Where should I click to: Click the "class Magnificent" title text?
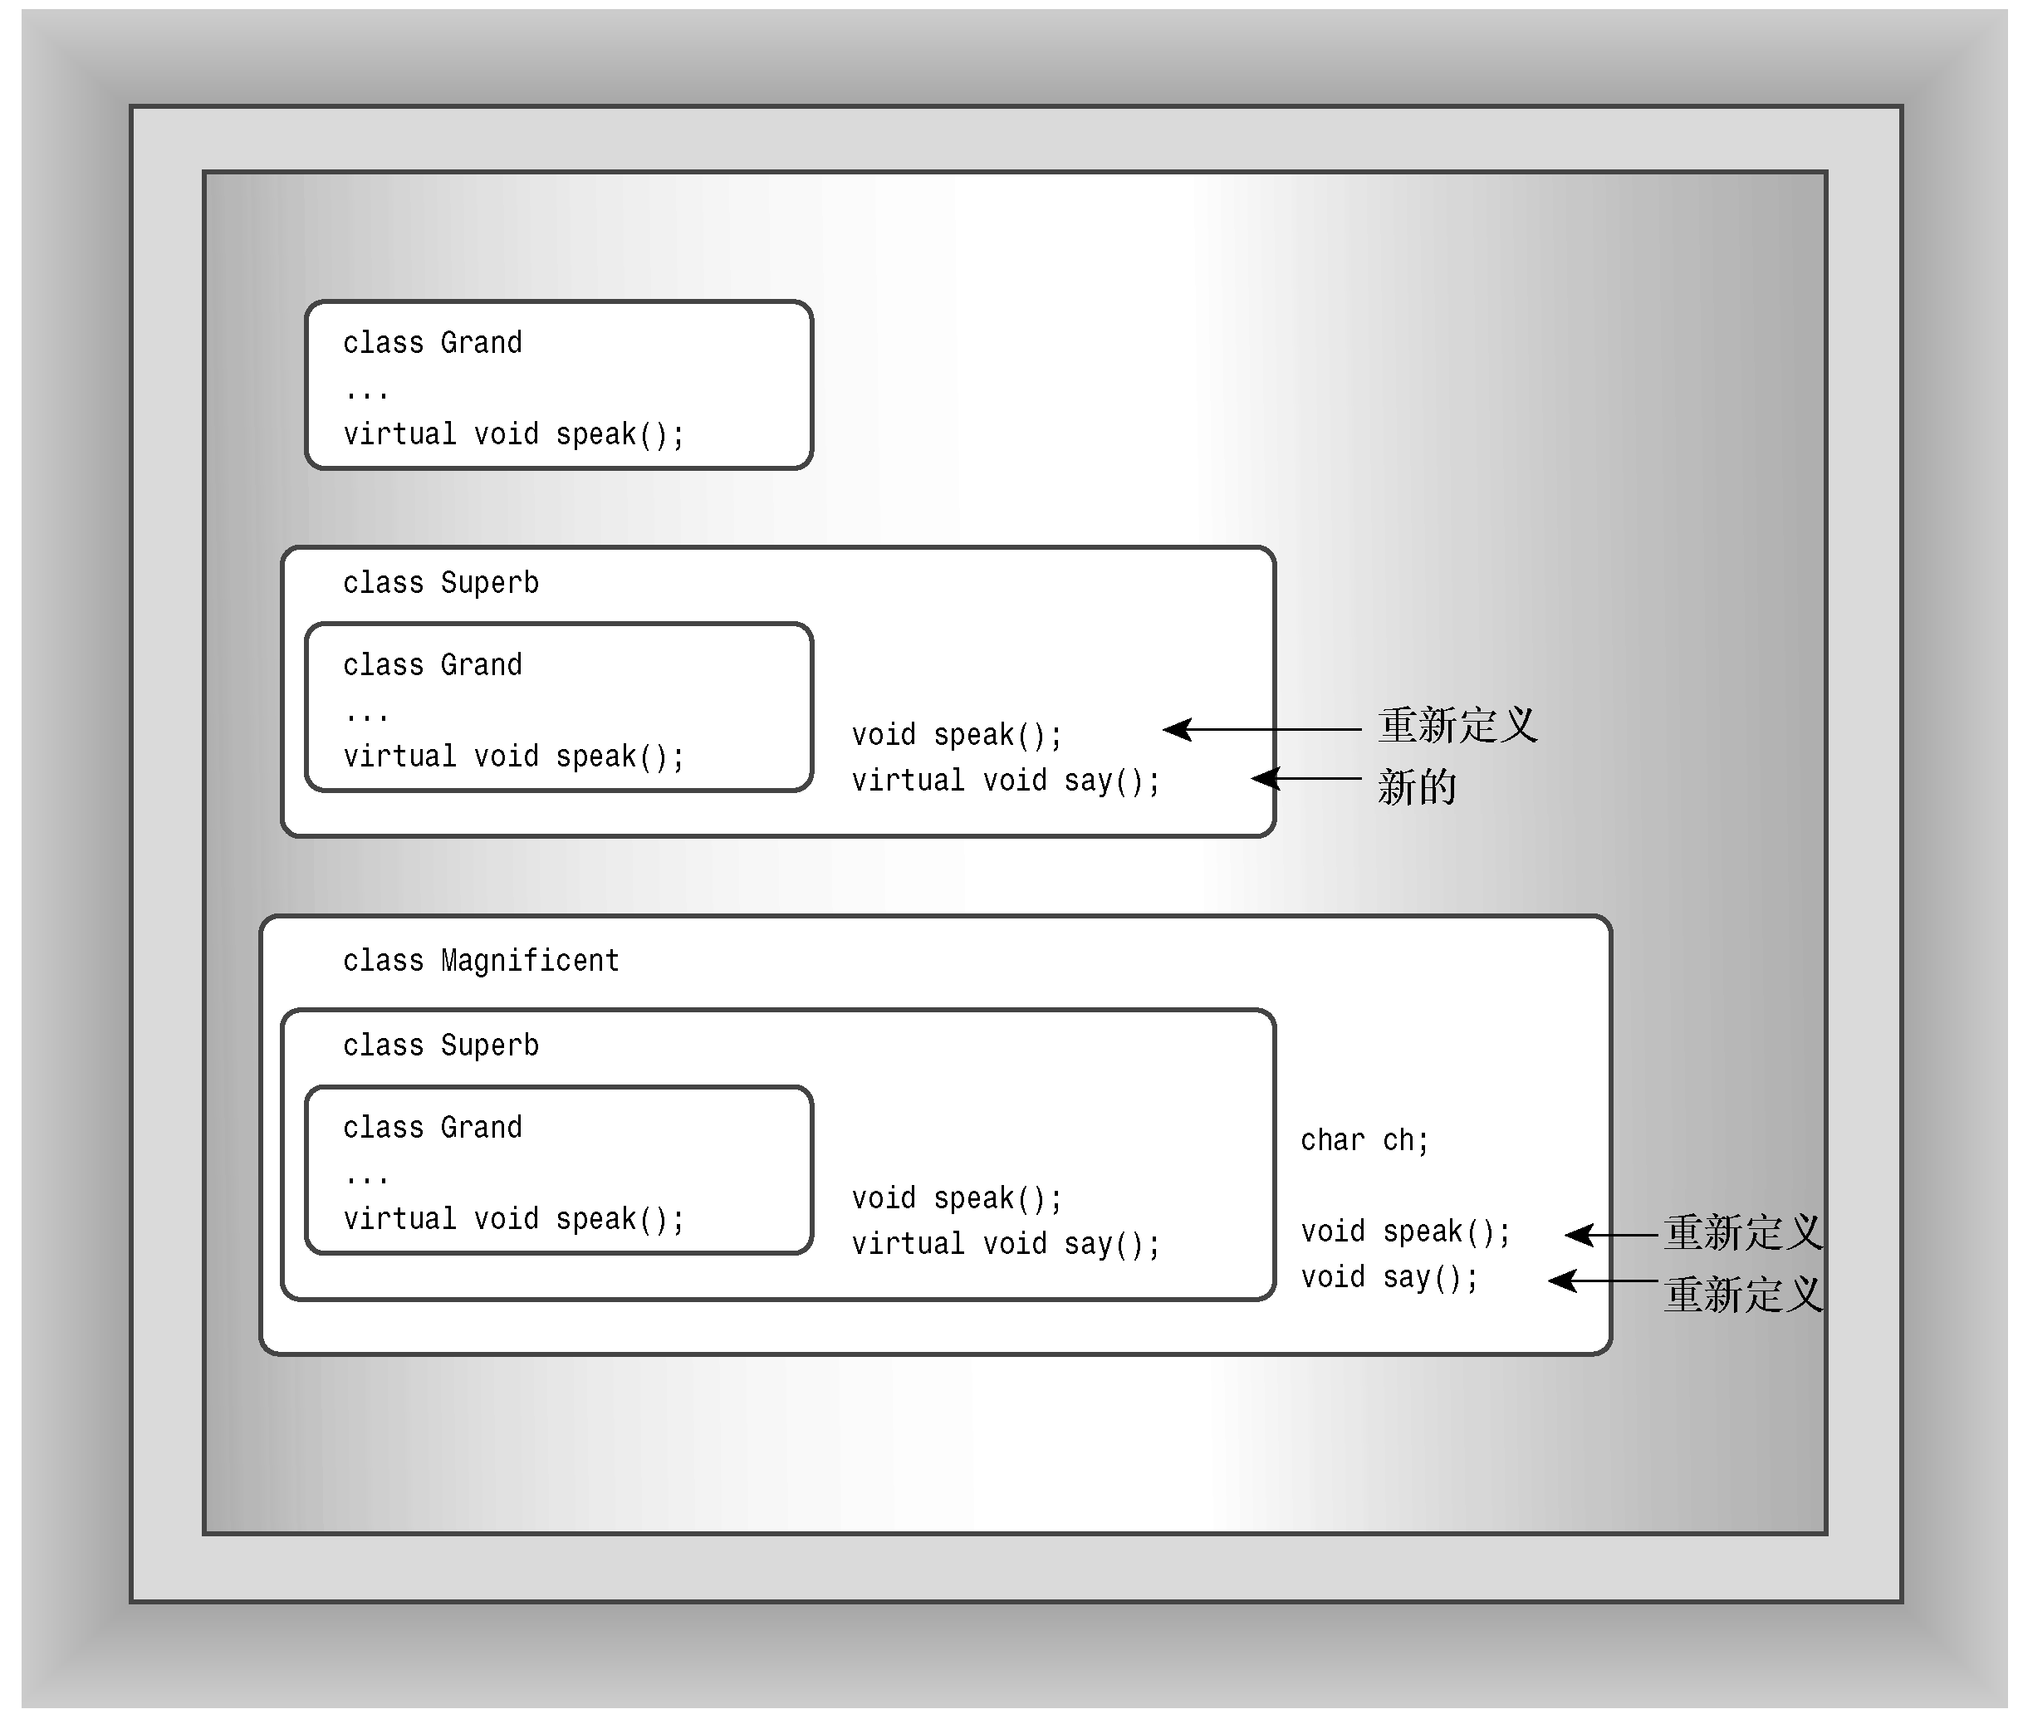[x=480, y=960]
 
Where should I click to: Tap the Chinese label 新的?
[x=1416, y=786]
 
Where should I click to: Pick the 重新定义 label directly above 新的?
[x=1457, y=725]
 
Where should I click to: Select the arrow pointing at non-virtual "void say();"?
[x=1601, y=1281]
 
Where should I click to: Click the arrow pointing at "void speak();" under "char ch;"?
[x=1610, y=1234]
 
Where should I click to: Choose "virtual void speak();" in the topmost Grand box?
[x=513, y=433]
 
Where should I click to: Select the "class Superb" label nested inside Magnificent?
[x=440, y=1045]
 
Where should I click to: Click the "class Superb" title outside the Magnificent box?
[x=440, y=582]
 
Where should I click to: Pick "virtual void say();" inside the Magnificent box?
[x=1005, y=1244]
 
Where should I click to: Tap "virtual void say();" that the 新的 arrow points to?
[x=1005, y=781]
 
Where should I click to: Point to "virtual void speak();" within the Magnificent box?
[x=513, y=1218]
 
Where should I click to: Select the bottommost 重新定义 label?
[x=1742, y=1295]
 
